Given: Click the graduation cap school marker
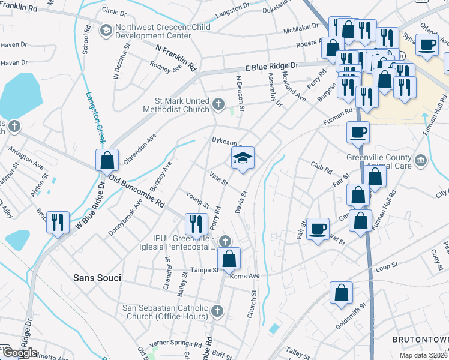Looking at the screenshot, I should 243,159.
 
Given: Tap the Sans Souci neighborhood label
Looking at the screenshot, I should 97,278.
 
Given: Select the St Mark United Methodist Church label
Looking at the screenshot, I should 176,104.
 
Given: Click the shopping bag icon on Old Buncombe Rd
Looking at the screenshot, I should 107,161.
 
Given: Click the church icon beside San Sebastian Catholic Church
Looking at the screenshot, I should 217,311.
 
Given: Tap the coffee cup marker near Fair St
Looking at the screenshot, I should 318,229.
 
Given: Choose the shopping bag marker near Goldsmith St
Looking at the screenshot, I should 341,294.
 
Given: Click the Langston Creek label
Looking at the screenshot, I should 95,117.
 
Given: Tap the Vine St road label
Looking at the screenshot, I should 218,178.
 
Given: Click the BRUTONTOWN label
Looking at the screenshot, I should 420,339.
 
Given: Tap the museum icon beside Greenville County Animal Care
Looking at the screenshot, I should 420,160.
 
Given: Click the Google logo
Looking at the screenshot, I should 20,353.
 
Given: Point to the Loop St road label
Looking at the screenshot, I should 386,265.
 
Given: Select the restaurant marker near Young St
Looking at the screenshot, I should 196,225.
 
